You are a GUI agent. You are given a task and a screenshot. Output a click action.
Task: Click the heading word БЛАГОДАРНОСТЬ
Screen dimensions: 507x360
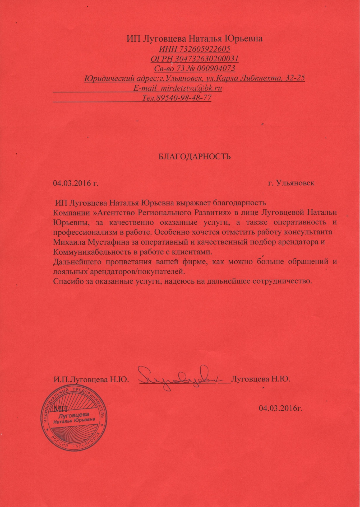pyautogui.click(x=194, y=157)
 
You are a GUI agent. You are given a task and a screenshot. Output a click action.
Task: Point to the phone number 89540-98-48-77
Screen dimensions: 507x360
pyautogui.click(x=184, y=98)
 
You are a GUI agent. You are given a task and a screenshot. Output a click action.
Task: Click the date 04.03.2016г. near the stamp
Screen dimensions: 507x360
pyautogui.click(x=280, y=409)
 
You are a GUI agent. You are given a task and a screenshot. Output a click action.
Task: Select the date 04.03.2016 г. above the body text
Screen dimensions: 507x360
pyautogui.click(x=76, y=183)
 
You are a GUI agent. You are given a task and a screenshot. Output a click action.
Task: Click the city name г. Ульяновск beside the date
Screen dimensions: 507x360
pyautogui.click(x=291, y=183)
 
